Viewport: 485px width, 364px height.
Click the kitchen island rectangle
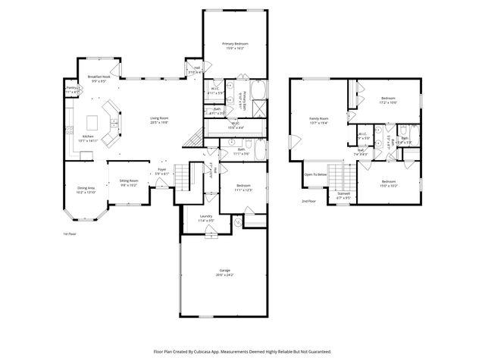click(x=94, y=121)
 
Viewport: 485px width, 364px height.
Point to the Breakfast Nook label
click(x=99, y=78)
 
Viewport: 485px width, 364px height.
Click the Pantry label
click(x=73, y=89)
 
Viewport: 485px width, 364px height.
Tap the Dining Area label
click(x=86, y=190)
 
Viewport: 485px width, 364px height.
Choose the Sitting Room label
click(x=128, y=182)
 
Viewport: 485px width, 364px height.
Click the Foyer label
click(x=162, y=171)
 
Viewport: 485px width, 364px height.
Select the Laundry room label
click(x=206, y=218)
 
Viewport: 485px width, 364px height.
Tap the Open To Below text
click(x=315, y=174)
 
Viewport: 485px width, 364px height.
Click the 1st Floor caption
click(x=70, y=234)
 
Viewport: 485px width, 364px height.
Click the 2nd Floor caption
click(x=308, y=201)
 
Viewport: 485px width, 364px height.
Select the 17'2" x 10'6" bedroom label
click(x=388, y=102)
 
